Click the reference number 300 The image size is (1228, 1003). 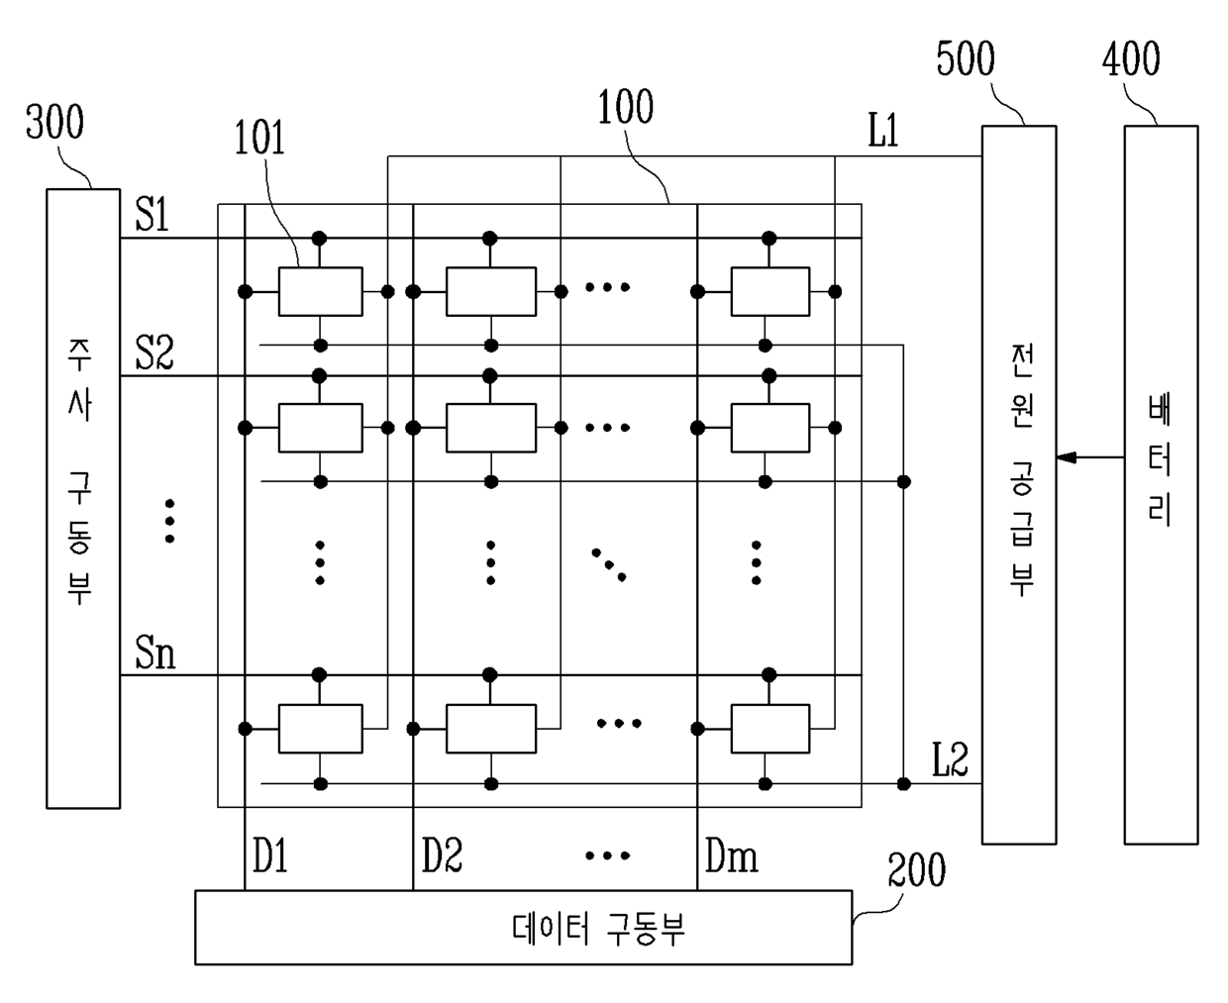pyautogui.click(x=54, y=122)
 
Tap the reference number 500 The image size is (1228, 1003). pyautogui.click(x=966, y=58)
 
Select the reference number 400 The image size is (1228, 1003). pyautogui.click(x=1131, y=58)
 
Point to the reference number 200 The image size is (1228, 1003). pyautogui.click(x=916, y=869)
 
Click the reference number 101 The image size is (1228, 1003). pyautogui.click(x=259, y=138)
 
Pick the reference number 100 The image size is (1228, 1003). pyautogui.click(x=626, y=107)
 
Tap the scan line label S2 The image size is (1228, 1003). pyautogui.click(x=154, y=352)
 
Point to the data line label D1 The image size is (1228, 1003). pyautogui.click(x=270, y=855)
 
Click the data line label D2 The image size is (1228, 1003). pyautogui.click(x=442, y=855)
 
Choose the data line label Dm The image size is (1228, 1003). pyautogui.click(x=731, y=855)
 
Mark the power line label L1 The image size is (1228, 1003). pyautogui.click(x=883, y=130)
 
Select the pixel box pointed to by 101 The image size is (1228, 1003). pyautogui.click(x=320, y=292)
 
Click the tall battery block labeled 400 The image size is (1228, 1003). pyautogui.click(x=1161, y=484)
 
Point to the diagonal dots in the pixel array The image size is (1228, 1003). pyautogui.click(x=609, y=564)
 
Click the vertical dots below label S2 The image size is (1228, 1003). pyautogui.click(x=169, y=521)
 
